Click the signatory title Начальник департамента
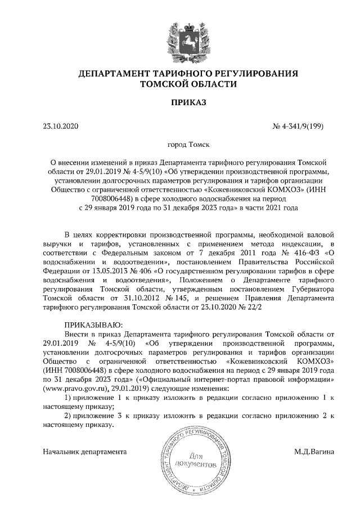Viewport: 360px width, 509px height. pos(84,451)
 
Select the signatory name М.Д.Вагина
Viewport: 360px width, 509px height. pos(314,451)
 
